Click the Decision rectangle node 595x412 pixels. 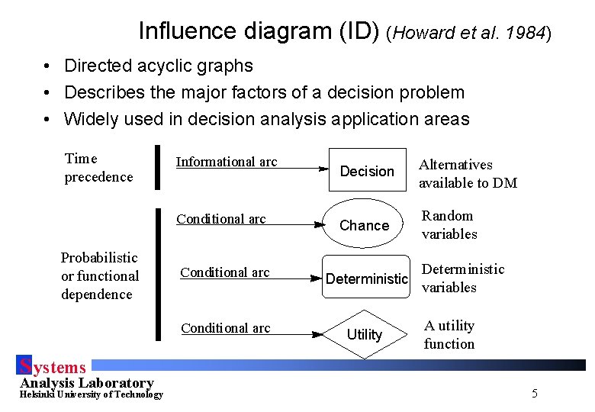tap(367, 169)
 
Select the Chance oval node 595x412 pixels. tap(364, 225)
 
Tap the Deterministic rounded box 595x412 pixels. tap(367, 278)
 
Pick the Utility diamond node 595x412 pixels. tap(365, 334)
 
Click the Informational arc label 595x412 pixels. tap(227, 162)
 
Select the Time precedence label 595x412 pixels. tap(98, 168)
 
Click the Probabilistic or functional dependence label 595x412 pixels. tap(100, 275)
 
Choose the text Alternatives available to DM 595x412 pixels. tap(467, 173)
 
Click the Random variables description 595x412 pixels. tap(449, 225)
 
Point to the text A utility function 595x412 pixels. tap(449, 334)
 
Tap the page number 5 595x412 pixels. tap(534, 394)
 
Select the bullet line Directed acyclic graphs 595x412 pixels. tap(159, 66)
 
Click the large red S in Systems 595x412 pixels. tap(25, 366)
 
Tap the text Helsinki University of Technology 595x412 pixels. tap(91, 394)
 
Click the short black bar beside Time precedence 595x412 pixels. tap(157, 166)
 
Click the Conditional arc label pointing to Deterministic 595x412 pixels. tap(225, 272)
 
